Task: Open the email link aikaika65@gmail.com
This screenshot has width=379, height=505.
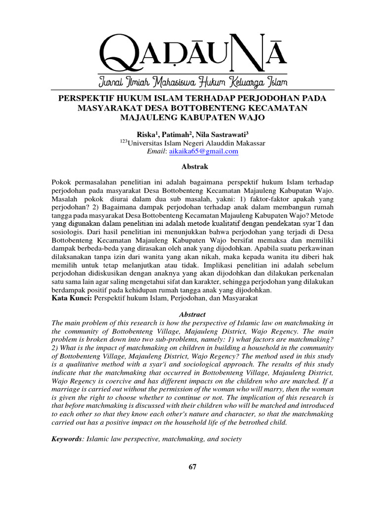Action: pos(204,151)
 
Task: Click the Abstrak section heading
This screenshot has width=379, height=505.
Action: pos(189,167)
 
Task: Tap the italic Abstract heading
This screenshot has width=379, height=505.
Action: pos(189,314)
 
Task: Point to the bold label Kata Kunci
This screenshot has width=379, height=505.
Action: pos(71,299)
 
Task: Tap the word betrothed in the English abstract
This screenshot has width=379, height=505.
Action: pos(262,422)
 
